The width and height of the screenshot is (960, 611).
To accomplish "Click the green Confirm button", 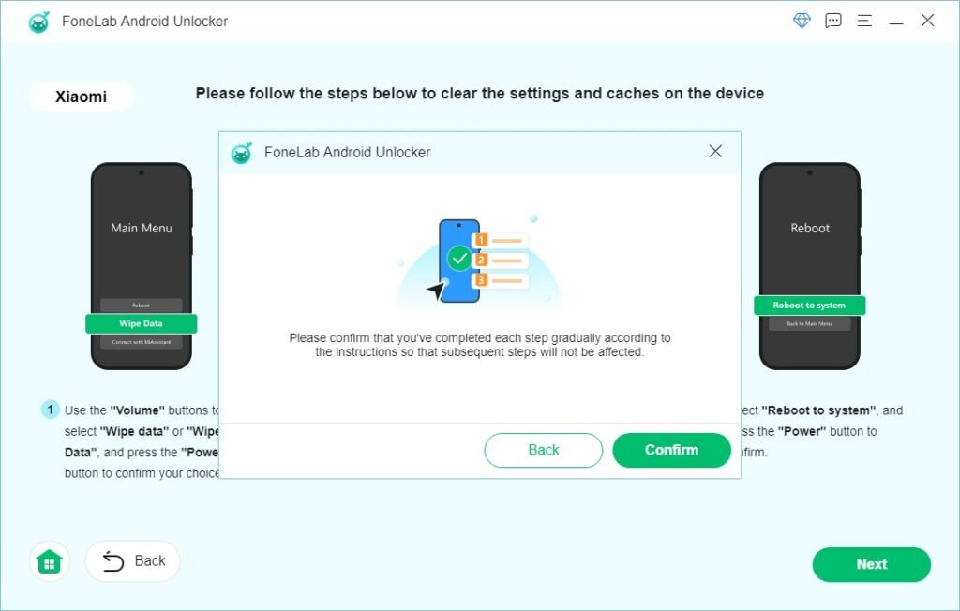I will (x=671, y=450).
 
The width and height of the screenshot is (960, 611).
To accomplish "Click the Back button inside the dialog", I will (x=543, y=450).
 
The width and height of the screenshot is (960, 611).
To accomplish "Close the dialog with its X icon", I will (x=715, y=151).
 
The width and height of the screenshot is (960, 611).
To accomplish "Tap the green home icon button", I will (x=49, y=561).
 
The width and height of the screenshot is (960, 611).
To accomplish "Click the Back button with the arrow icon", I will (x=133, y=561).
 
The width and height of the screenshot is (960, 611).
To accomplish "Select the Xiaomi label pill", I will (x=81, y=97).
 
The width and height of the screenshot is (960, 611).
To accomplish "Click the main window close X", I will (x=927, y=21).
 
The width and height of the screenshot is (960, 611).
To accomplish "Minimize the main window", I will (x=896, y=21).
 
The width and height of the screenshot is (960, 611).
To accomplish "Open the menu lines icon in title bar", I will (x=864, y=21).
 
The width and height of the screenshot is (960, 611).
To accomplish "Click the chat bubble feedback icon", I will (x=832, y=21).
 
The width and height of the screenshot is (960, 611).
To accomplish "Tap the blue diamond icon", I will (x=802, y=21).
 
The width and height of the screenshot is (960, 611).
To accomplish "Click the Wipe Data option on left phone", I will (x=141, y=323).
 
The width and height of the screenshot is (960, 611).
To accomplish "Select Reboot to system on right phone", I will (x=809, y=305).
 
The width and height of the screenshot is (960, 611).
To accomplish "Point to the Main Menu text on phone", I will (x=142, y=228).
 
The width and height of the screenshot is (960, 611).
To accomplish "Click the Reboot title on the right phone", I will (x=810, y=228).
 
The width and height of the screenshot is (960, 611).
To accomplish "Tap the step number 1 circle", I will (x=50, y=410).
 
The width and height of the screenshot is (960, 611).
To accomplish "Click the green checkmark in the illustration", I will (x=459, y=258).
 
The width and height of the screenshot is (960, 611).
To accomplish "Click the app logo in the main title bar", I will (x=38, y=22).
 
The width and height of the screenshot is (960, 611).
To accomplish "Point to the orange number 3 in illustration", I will (x=482, y=280).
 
